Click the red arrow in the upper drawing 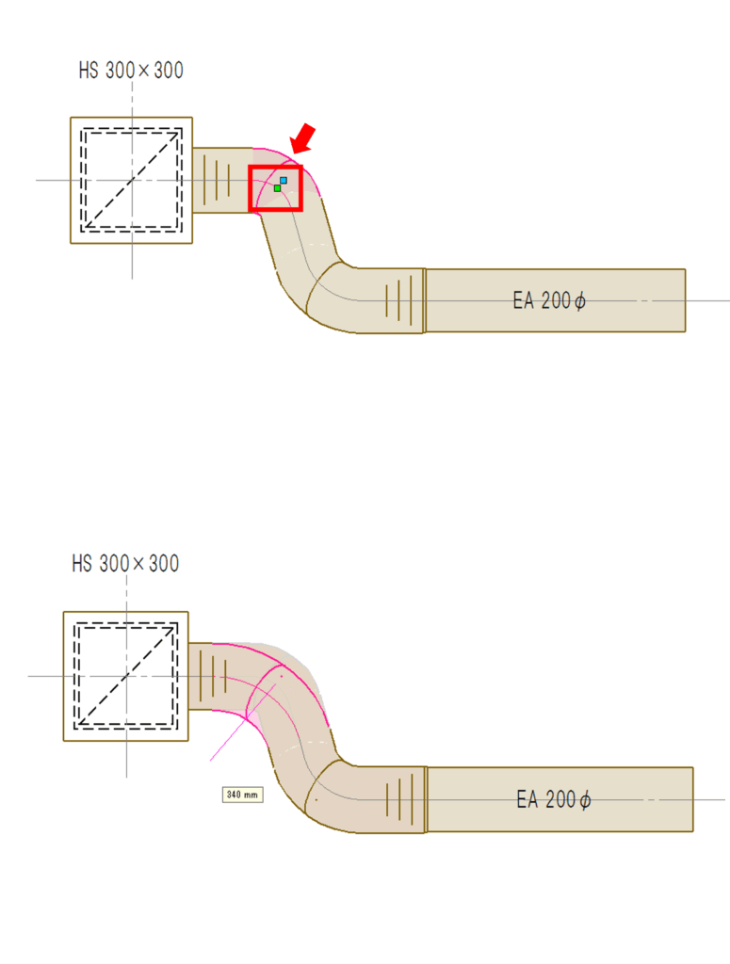[x=303, y=139]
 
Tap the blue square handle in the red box [x=284, y=180]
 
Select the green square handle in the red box [x=277, y=188]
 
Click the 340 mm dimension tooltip [x=242, y=795]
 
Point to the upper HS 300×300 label [x=131, y=70]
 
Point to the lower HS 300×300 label [x=125, y=563]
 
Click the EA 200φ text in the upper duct [x=549, y=300]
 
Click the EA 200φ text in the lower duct [x=554, y=799]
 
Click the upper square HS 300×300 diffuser [x=132, y=180]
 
